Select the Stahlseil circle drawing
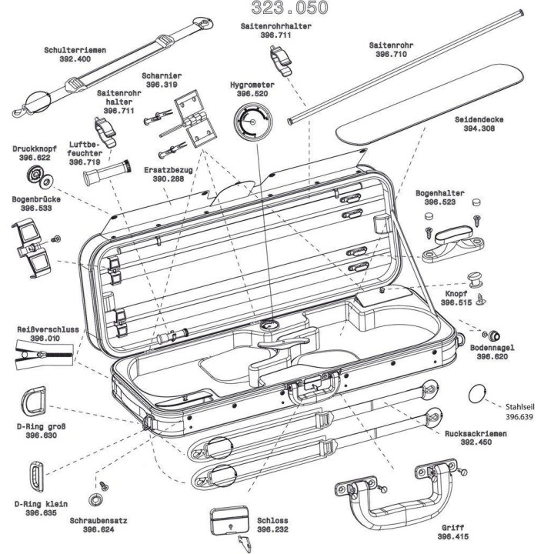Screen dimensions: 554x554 coord(478,394)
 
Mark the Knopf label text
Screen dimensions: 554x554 coord(455,294)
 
